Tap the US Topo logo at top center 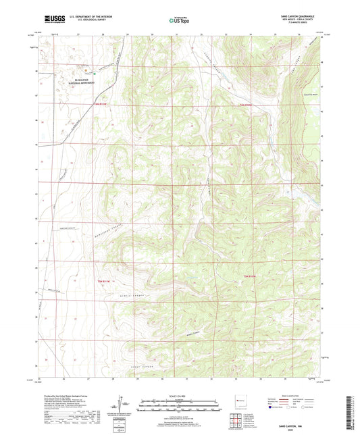click(x=179, y=20)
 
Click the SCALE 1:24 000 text click(x=179, y=397)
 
